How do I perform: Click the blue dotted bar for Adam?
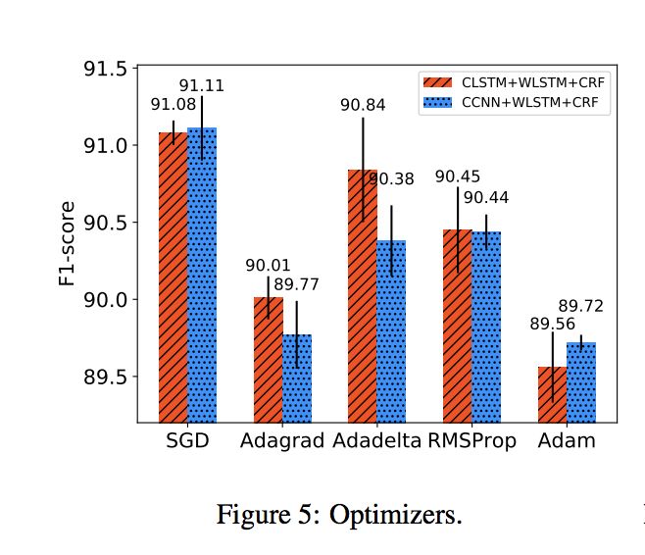[x=581, y=381]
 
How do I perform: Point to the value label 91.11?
[x=201, y=85]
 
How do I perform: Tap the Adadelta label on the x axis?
[x=376, y=440]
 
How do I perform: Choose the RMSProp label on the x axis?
[x=472, y=440]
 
